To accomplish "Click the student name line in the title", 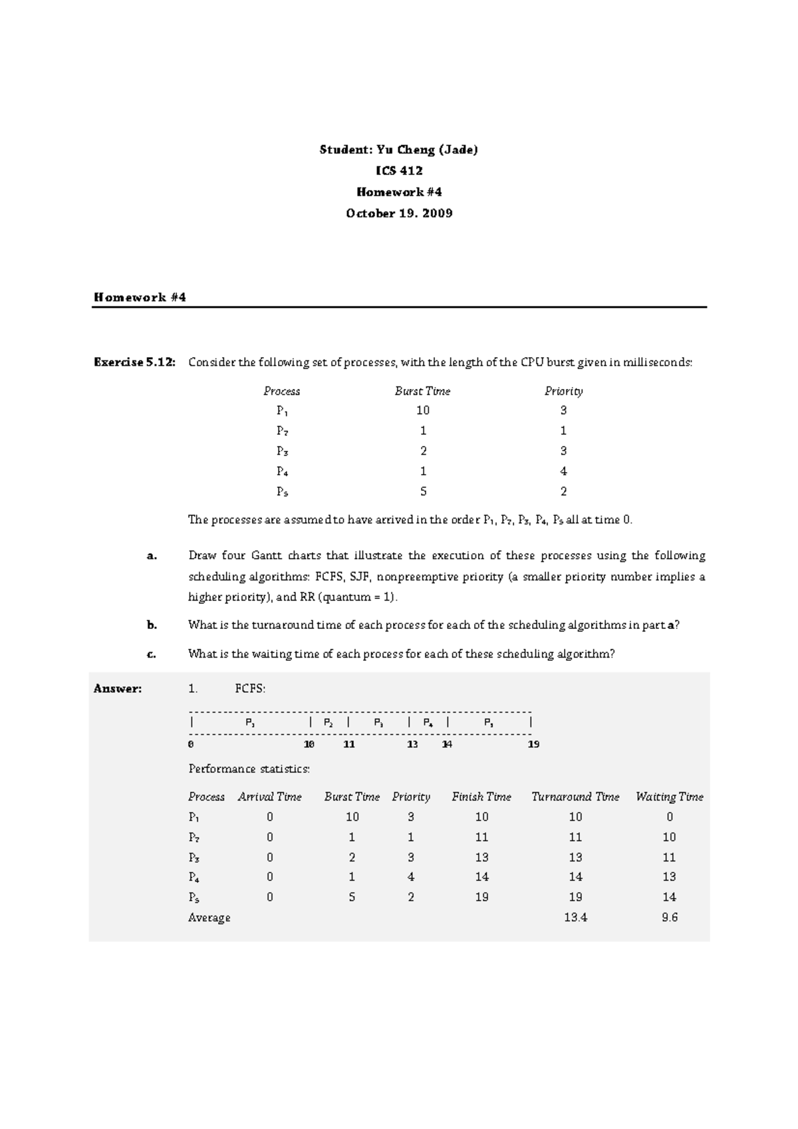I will pos(398,150).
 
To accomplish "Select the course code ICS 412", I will pos(398,171).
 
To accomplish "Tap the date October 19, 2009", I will pos(398,213).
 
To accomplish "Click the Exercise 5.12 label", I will pos(135,362).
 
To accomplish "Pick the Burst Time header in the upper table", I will pos(422,391).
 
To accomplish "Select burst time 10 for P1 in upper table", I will pos(422,410).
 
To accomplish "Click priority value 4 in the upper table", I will pos(563,471).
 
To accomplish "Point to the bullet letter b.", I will pos(152,625).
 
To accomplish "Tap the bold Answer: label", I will pos(118,689).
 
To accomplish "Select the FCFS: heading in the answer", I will pos(250,689).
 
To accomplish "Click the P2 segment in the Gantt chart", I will pos(329,723).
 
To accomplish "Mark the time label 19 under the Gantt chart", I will pos(533,745).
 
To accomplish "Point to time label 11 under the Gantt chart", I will pos(348,745).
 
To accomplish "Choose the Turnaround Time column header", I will pos(575,797).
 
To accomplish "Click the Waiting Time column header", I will pos(669,797).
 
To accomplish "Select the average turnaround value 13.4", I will pos(575,918).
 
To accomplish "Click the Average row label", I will pos(209,918).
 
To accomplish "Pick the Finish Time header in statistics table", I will pos(481,797).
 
